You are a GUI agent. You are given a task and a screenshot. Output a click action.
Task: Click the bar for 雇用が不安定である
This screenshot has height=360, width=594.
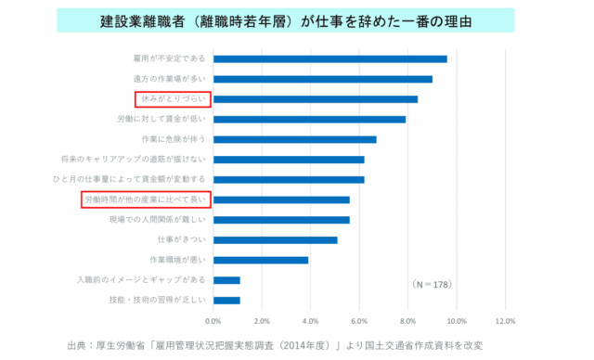pyautogui.click(x=329, y=58)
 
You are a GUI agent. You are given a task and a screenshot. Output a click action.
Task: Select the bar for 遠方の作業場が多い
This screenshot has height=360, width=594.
pyautogui.click(x=322, y=79)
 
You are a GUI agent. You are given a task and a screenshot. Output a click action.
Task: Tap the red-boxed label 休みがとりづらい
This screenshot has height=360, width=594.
pyautogui.click(x=170, y=98)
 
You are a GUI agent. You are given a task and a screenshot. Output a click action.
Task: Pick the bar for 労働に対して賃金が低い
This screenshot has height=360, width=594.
pyautogui.click(x=309, y=119)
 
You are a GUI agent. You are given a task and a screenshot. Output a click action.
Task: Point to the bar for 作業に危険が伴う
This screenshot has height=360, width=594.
pyautogui.click(x=294, y=139)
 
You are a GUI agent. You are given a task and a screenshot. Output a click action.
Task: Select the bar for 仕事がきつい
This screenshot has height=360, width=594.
pyautogui.click(x=275, y=239)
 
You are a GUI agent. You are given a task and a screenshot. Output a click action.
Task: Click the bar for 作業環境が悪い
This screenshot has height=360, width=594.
pyautogui.click(x=261, y=260)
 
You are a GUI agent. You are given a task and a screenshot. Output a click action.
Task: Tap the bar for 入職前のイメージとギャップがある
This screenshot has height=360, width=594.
pyautogui.click(x=226, y=280)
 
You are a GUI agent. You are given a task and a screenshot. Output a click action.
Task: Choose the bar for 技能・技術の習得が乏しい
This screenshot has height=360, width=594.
pyautogui.click(x=226, y=300)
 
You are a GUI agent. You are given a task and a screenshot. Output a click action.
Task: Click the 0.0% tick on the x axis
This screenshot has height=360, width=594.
pyautogui.click(x=213, y=320)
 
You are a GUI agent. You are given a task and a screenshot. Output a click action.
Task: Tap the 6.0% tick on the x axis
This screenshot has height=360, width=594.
pyautogui.click(x=359, y=320)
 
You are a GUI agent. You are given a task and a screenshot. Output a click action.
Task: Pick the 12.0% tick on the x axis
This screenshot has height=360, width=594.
pyautogui.click(x=505, y=320)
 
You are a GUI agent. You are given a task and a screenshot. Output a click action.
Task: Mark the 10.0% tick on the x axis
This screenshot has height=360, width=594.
pyautogui.click(x=457, y=320)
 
